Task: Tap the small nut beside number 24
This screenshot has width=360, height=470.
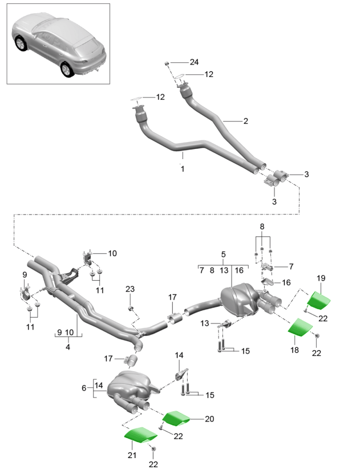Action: pos(167,62)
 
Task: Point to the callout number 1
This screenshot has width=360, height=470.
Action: pos(183,169)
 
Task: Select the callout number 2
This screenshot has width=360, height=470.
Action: pos(245,121)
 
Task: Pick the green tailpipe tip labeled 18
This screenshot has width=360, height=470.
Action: pos(300,327)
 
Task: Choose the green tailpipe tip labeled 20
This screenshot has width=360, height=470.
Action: pos(176,419)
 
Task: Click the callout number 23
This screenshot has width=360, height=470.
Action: pos(130,290)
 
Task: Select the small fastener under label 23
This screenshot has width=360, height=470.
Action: pos(131,309)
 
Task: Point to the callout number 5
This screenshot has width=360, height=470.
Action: pos(224,254)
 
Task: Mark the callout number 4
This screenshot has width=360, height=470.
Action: pos(67,346)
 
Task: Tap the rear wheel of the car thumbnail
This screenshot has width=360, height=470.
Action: pos(68,68)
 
